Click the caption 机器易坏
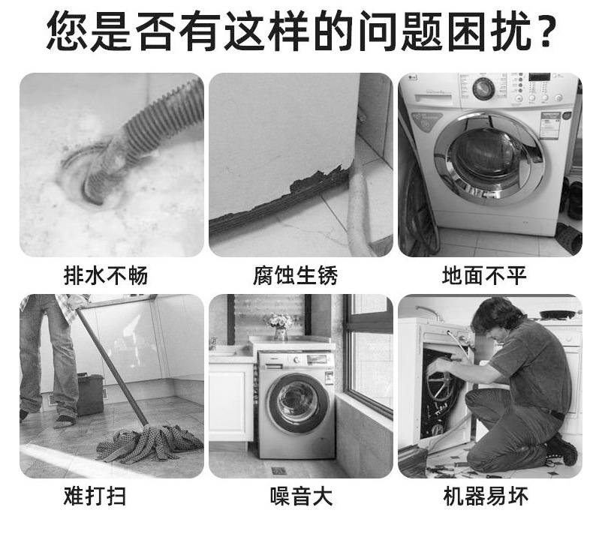[486, 496]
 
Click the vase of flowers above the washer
[281, 325]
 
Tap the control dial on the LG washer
[484, 88]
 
